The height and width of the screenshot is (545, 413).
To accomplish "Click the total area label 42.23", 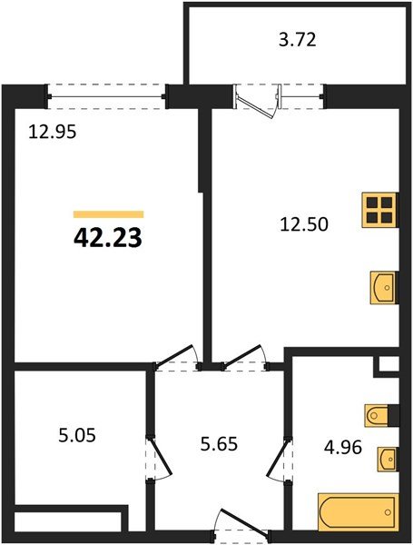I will coord(107,238).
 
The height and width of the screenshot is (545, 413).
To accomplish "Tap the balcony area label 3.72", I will coord(298,40).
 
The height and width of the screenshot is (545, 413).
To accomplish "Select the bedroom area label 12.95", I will coord(51,131).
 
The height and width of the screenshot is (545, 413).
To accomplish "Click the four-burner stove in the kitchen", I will coord(380,211).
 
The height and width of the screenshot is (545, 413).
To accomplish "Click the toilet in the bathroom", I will coord(379,416).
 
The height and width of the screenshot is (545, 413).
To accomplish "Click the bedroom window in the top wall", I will coord(106,90).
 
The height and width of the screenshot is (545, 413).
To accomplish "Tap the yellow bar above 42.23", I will coord(107,213).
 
